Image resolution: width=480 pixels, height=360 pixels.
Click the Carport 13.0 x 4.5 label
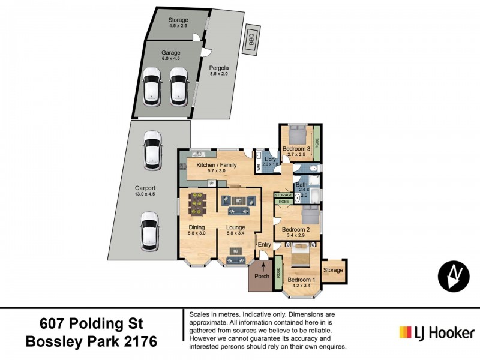pyautogui.click(x=145, y=191)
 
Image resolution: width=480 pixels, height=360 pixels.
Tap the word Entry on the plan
pyautogui.click(x=265, y=244)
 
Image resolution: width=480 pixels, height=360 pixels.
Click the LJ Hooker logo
pyautogui.click(x=437, y=332)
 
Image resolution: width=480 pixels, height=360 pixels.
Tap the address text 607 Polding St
pyautogui.click(x=91, y=324)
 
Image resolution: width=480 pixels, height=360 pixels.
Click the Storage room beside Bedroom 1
pyautogui.click(x=333, y=271)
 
